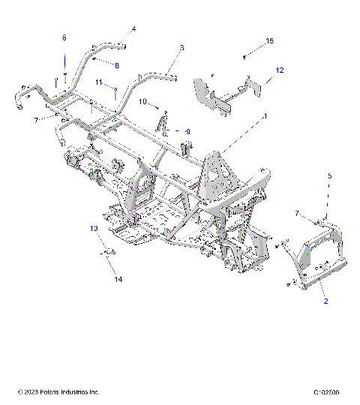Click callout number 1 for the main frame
pyautogui.click(x=265, y=117)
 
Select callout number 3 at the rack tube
pyautogui.click(x=182, y=47)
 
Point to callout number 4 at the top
pyautogui.click(x=133, y=29)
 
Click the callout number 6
pyautogui.click(x=64, y=37)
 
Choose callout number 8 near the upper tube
pyautogui.click(x=117, y=65)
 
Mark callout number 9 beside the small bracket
pyautogui.click(x=187, y=131)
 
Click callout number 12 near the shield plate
pyautogui.click(x=279, y=70)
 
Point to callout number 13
pyautogui.click(x=94, y=227)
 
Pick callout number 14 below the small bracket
pyautogui.click(x=117, y=280)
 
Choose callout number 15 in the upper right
pyautogui.click(x=271, y=40)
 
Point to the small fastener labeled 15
pyautogui.click(x=244, y=57)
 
